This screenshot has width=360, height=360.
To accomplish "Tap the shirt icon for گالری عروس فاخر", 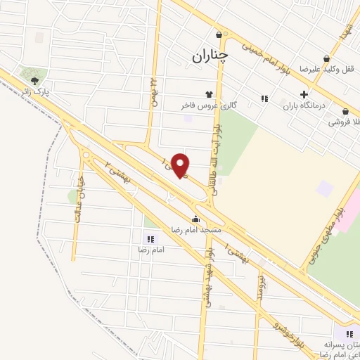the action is point(209,94).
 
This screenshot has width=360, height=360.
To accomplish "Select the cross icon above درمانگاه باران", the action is point(304,94).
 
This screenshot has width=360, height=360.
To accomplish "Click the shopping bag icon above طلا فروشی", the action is point(345,111).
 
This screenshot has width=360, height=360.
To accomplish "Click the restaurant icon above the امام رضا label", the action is point(150,239).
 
